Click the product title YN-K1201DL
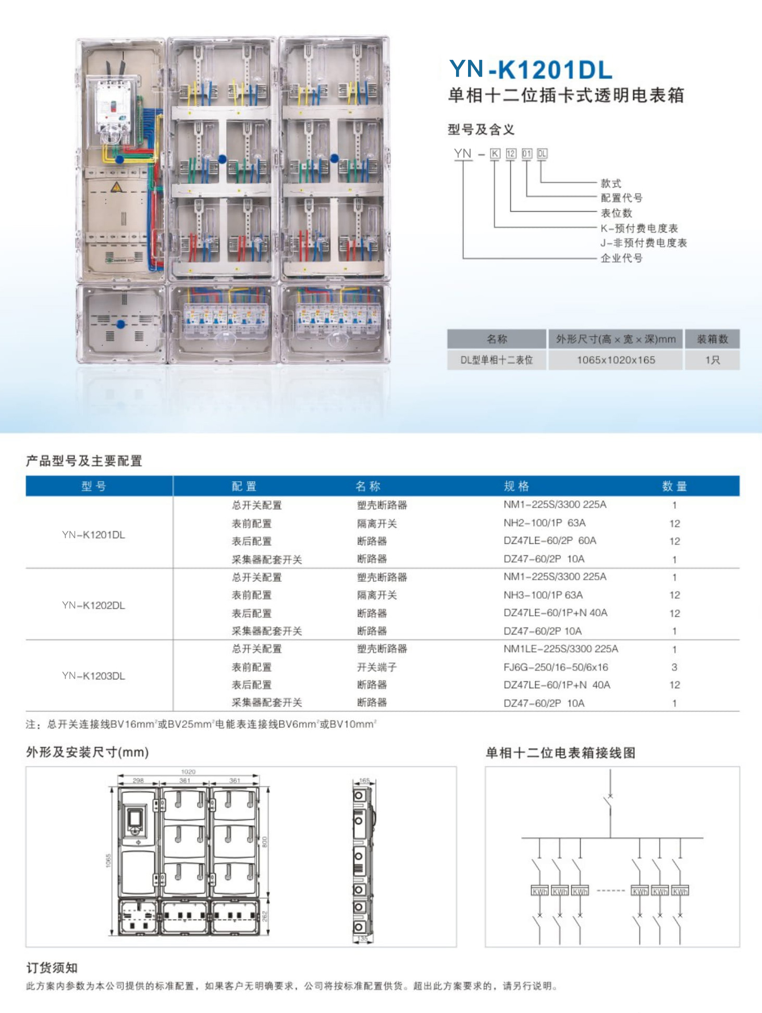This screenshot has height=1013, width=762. pyautogui.click(x=531, y=70)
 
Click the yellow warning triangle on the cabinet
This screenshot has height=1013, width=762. pyautogui.click(x=116, y=187)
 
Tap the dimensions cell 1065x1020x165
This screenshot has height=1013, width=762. pyautogui.click(x=616, y=360)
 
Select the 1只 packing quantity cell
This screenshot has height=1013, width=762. pyautogui.click(x=712, y=360)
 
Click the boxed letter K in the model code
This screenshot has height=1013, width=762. pyautogui.click(x=495, y=153)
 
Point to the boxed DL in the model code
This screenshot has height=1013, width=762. pyautogui.click(x=542, y=153)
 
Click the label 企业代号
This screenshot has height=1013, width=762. pyautogui.click(x=621, y=258)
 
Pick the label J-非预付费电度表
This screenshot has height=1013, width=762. pyautogui.click(x=643, y=243)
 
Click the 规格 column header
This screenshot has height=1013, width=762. pyautogui.click(x=516, y=486)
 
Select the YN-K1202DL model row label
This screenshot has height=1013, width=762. pyautogui.click(x=93, y=605)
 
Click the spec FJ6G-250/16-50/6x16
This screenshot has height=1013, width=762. pyautogui.click(x=556, y=667)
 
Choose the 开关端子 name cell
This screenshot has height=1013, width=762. pyautogui.click(x=377, y=667)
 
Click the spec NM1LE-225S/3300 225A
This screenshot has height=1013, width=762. pyautogui.click(x=561, y=649)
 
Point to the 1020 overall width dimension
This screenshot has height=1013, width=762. pyautogui.click(x=188, y=772)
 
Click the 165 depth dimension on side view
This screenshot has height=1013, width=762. pyautogui.click(x=364, y=780)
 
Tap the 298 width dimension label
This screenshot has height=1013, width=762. pyautogui.click(x=138, y=780)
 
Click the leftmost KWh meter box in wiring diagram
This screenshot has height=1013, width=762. pyautogui.click(x=539, y=892)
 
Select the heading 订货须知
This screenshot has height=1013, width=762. pyautogui.click(x=52, y=968)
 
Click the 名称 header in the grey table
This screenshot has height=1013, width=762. pyautogui.click(x=497, y=339)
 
